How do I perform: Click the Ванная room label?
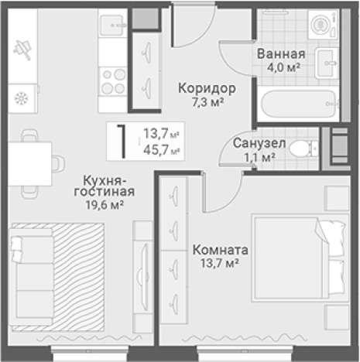pyautogui.click(x=280, y=54)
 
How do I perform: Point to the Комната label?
pyautogui.click(x=221, y=251)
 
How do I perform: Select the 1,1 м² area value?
pyautogui.click(x=258, y=157)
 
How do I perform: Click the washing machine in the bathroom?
pyautogui.click(x=318, y=22)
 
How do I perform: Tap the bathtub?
pyautogui.click(x=297, y=102)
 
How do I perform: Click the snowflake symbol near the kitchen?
pyautogui.click(x=22, y=98)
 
